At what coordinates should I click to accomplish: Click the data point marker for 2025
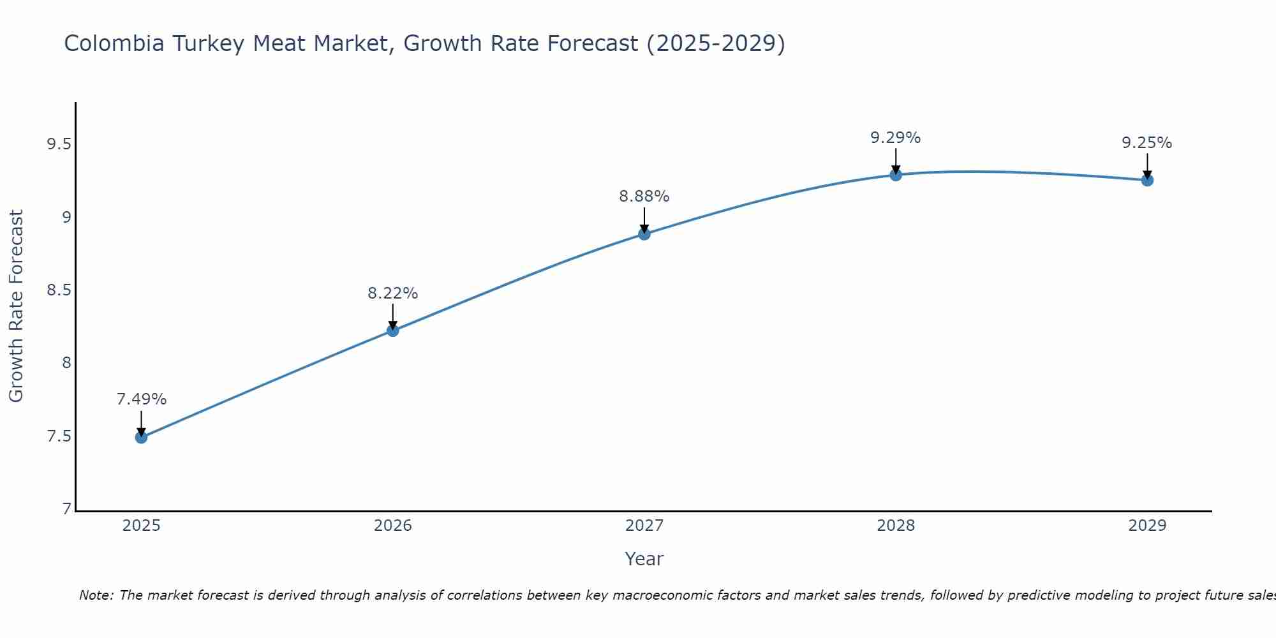pyautogui.click(x=141, y=437)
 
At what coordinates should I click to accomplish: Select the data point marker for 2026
pyautogui.click(x=392, y=330)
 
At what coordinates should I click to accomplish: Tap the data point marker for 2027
pyautogui.click(x=644, y=234)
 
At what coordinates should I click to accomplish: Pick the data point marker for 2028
pyautogui.click(x=896, y=175)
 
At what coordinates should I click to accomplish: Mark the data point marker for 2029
pyautogui.click(x=1147, y=180)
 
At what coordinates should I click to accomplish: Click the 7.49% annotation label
pyautogui.click(x=141, y=399)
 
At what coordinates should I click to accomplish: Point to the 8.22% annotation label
pyautogui.click(x=392, y=293)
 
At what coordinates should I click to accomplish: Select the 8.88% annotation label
pyautogui.click(x=644, y=197)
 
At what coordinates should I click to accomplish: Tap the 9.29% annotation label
pyautogui.click(x=896, y=138)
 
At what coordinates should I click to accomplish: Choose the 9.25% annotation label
pyautogui.click(x=1147, y=143)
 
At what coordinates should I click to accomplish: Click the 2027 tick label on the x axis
pyautogui.click(x=644, y=526)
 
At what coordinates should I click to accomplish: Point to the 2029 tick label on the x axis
pyautogui.click(x=1147, y=526)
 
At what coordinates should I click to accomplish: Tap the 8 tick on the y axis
pyautogui.click(x=66, y=364)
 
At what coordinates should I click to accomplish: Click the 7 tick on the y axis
pyautogui.click(x=66, y=509)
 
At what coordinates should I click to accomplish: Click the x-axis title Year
pyautogui.click(x=644, y=559)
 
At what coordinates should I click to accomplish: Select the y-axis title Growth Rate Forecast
pyautogui.click(x=16, y=306)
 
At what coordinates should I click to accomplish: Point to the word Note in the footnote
pyautogui.click(x=95, y=595)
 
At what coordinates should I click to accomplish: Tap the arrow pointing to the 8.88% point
pyautogui.click(x=644, y=220)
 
